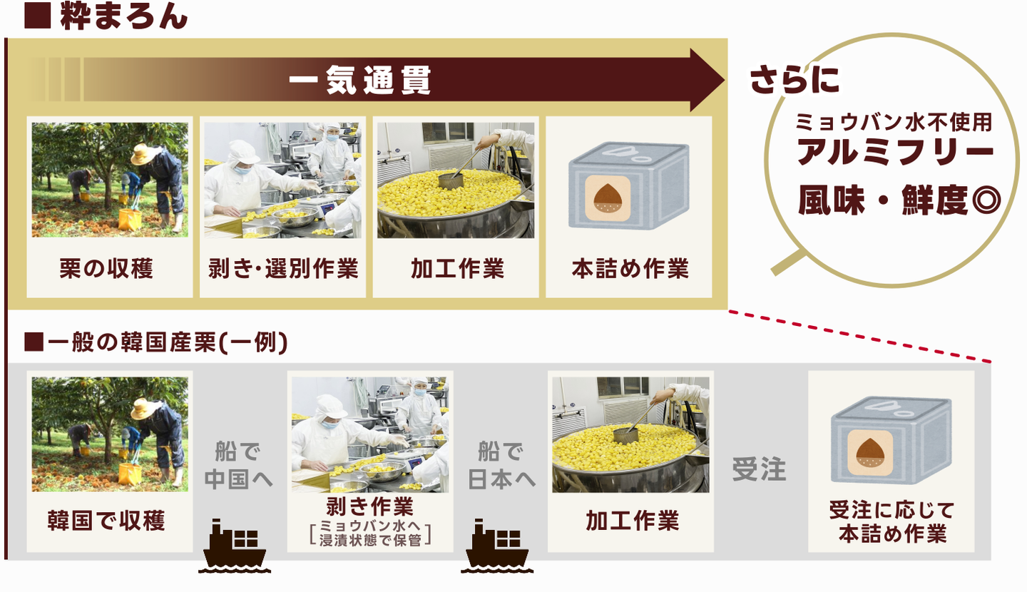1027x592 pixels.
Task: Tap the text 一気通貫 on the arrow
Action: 360,81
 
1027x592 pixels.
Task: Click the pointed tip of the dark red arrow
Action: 724,81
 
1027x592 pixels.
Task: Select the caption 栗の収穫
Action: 106,268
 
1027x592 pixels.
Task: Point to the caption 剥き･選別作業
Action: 283,268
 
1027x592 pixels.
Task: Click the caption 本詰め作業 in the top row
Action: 630,268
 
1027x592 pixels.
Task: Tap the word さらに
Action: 794,80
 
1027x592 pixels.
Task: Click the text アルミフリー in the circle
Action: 896,152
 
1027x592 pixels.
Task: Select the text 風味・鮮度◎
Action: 899,200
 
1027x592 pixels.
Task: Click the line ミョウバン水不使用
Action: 894,122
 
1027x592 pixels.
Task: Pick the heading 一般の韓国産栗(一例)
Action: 156,342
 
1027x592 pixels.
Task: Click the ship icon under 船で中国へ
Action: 234,546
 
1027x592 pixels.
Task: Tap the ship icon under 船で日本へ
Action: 497,546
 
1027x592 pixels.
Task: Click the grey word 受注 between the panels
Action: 759,469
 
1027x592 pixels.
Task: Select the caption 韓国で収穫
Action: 106,521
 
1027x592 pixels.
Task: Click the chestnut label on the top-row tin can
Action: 608,198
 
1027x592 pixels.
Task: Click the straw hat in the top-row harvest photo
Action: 145,154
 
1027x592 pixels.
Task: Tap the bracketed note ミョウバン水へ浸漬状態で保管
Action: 370,533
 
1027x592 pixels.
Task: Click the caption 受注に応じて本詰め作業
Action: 891,522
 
